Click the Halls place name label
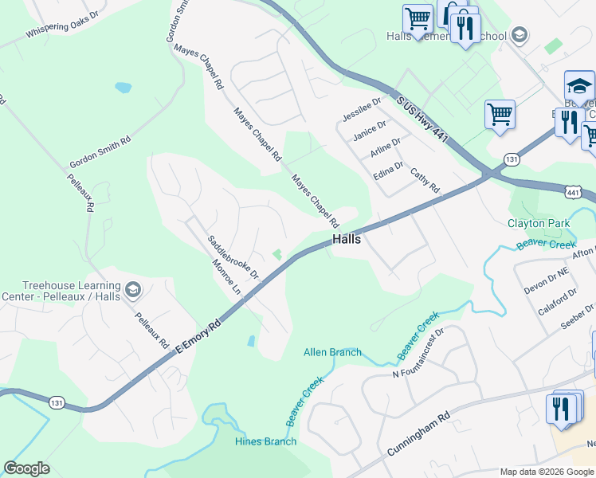(347, 239)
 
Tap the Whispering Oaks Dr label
(62, 25)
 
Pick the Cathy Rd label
(425, 179)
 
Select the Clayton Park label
(539, 224)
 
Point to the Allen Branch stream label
(332, 352)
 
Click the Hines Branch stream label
(265, 441)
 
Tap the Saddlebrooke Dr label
(233, 257)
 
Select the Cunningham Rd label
(418, 434)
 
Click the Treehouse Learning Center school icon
(132, 289)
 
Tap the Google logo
(26, 469)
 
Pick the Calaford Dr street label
(557, 303)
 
